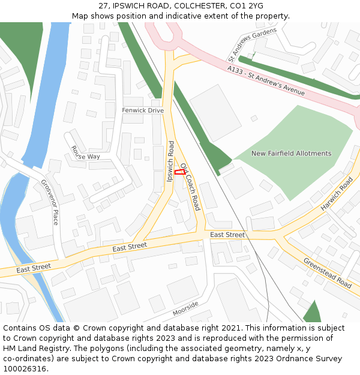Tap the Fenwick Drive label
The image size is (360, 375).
[143, 110]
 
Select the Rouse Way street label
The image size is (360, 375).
[85, 152]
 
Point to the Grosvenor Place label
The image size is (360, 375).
[50, 202]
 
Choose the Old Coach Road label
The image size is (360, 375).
[190, 186]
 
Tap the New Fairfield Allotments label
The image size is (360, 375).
[291, 154]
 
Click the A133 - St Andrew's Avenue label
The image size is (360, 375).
[266, 80]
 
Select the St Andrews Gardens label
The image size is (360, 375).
[252, 45]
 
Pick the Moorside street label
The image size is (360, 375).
[185, 308]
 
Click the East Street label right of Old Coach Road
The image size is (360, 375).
[227, 235]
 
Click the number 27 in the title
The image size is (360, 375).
[103, 5]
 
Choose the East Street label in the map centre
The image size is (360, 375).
[130, 246]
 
